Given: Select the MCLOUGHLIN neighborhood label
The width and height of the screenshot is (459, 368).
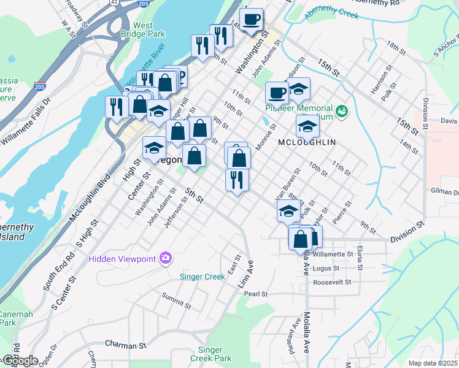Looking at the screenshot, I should click(307, 142).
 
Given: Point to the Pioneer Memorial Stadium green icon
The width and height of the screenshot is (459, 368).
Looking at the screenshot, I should click(342, 111).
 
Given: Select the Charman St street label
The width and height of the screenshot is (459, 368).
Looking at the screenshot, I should click(125, 344).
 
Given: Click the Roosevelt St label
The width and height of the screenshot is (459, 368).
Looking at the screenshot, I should click(331, 283).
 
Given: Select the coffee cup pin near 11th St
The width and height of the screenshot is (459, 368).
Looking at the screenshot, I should click(277, 93).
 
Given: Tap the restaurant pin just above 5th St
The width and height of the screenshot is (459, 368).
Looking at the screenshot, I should click(237, 180).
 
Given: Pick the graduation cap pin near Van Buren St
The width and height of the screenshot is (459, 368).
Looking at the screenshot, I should click(288, 211).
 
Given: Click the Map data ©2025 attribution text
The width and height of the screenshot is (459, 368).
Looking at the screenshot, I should click(432, 363).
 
